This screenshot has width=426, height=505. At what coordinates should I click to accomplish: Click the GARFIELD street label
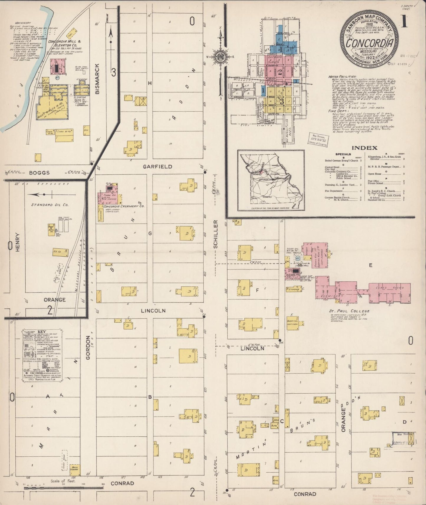157,167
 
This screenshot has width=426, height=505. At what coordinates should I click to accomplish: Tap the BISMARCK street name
98,79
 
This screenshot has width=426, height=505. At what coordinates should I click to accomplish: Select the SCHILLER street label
216,234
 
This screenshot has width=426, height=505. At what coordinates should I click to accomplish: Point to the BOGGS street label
39,173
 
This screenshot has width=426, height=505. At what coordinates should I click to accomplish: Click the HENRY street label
18,242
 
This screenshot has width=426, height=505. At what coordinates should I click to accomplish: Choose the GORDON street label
88,348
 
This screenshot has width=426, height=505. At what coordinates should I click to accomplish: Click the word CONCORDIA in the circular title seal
370,43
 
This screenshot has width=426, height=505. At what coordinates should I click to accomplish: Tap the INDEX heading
365,148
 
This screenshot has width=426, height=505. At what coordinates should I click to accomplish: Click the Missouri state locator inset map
271,180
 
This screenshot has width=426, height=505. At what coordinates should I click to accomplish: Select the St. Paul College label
349,311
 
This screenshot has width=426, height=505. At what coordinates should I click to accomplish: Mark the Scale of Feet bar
59,488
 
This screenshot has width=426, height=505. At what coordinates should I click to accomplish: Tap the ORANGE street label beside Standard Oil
55,300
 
